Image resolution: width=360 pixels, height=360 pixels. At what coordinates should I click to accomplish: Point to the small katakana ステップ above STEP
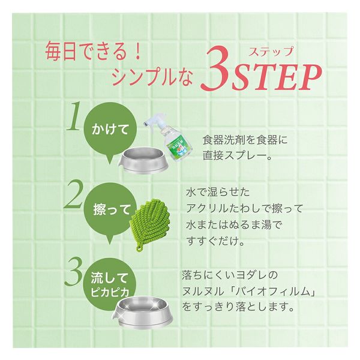click(271, 51)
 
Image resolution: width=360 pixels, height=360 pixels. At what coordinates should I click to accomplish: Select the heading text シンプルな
click(152, 77)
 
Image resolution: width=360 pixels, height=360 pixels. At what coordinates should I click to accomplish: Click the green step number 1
click(74, 116)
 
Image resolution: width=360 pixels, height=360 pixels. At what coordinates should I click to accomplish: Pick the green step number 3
click(73, 271)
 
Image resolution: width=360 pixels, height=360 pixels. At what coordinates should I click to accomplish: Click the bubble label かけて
click(110, 130)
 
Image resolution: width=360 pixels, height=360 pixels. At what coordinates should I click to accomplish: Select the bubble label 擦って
click(112, 209)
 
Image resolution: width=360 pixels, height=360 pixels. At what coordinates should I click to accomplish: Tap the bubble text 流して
click(109, 278)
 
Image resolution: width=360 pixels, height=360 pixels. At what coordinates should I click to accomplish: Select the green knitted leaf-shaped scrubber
click(149, 224)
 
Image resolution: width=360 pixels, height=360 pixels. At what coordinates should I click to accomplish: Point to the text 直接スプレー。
click(237, 156)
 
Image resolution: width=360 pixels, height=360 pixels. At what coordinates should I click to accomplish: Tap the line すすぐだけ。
click(215, 241)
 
